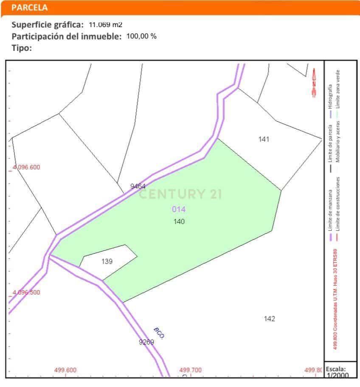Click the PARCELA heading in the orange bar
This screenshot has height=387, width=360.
pyautogui.click(x=30, y=8)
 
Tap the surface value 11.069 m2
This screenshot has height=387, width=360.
pyautogui.click(x=105, y=25)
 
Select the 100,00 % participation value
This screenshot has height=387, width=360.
pyautogui.click(x=141, y=36)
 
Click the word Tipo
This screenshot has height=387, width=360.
pyautogui.click(x=22, y=48)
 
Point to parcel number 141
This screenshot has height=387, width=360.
pyautogui.click(x=264, y=139)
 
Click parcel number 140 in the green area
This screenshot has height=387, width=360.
pyautogui.click(x=179, y=222)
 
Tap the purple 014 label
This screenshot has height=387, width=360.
pyautogui.click(x=179, y=209)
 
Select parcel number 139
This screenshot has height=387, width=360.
pyautogui.click(x=107, y=261)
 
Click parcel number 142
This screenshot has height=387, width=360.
pyautogui.click(x=269, y=319)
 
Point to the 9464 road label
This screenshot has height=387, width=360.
pyautogui.click(x=138, y=186)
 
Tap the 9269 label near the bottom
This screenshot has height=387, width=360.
pyautogui.click(x=146, y=342)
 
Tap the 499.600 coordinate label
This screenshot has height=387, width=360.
pyautogui.click(x=65, y=370)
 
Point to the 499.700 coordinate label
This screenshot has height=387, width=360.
pyautogui.click(x=191, y=370)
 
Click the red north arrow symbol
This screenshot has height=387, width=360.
pyautogui.click(x=314, y=82)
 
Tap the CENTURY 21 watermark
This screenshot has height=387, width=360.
pyautogui.click(x=180, y=194)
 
